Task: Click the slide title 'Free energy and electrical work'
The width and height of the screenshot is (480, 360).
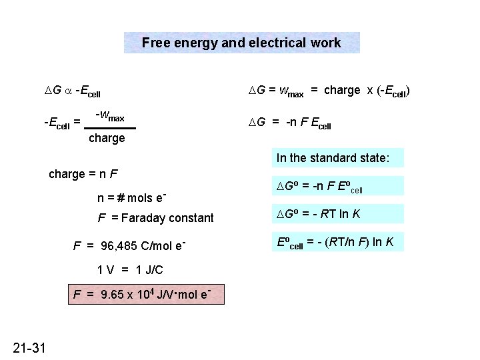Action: [241, 43]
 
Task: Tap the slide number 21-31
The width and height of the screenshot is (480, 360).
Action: [29, 347]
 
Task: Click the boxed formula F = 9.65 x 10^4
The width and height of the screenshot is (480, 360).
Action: [147, 293]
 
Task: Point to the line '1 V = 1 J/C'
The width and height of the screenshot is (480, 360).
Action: [130, 270]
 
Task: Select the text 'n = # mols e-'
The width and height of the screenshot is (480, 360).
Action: [131, 198]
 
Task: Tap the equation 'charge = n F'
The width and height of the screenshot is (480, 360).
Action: [84, 175]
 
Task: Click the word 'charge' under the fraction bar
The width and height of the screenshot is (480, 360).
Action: [107, 138]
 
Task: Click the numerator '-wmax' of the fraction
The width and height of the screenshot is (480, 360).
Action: [110, 117]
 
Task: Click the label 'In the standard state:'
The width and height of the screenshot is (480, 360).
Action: [337, 158]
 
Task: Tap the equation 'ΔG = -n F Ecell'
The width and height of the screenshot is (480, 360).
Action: [289, 123]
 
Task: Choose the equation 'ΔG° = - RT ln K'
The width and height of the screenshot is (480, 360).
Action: [318, 214]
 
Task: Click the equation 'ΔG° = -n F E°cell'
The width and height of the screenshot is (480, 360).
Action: [319, 187]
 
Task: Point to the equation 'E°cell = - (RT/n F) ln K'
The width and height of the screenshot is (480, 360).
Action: [335, 242]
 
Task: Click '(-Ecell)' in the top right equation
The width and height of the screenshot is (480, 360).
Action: [393, 91]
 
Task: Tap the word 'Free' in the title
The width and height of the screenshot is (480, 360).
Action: [154, 43]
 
